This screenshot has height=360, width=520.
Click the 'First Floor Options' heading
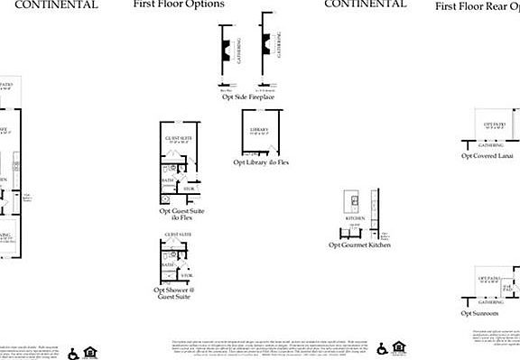click(x=179, y=5)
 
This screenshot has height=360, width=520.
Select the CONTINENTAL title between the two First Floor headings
click(x=365, y=5)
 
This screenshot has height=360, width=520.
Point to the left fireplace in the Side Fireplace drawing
click(x=225, y=47)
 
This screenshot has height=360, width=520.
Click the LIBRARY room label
click(x=259, y=130)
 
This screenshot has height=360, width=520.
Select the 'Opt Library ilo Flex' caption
click(x=261, y=162)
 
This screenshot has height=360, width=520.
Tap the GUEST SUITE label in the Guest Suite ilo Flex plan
click(x=177, y=138)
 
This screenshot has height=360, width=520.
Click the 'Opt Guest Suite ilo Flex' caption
click(x=181, y=215)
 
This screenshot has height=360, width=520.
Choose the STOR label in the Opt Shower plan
click(x=187, y=273)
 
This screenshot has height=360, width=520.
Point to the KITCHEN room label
click(x=355, y=218)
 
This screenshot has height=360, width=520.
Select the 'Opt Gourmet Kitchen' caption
click(x=358, y=245)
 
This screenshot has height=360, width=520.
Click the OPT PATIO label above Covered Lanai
click(x=493, y=125)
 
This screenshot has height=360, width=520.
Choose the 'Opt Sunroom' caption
click(x=479, y=313)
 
